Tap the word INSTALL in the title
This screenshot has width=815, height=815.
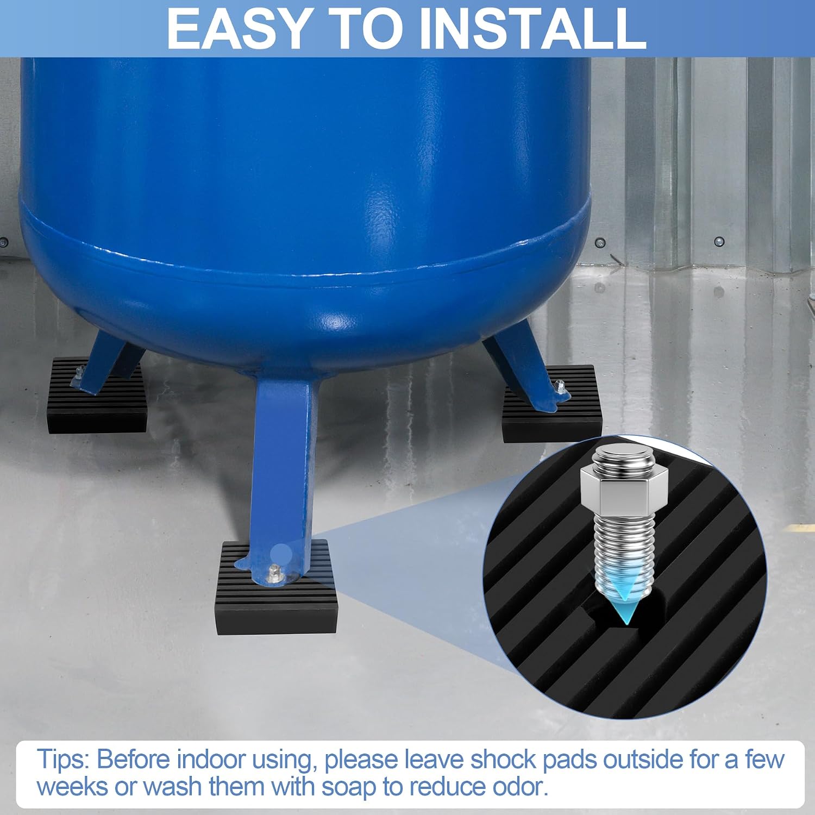(533, 28)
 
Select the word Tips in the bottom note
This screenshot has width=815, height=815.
(62, 759)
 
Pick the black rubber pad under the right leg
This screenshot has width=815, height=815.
(551, 403)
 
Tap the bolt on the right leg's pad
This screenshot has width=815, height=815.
(559, 387)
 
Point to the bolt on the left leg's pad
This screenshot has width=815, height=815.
(79, 372)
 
